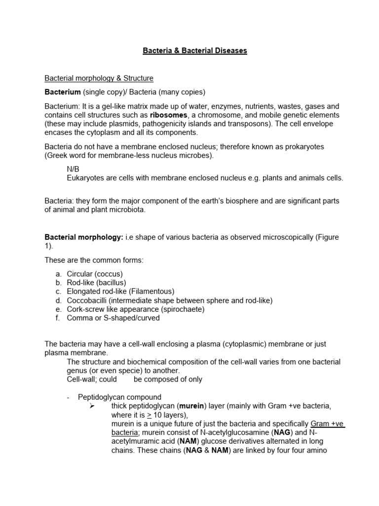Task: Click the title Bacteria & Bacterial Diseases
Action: [194, 50]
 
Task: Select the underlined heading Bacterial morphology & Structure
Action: [99, 78]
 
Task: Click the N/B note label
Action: [73, 169]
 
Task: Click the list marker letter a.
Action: [58, 274]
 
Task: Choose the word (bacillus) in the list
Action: [113, 283]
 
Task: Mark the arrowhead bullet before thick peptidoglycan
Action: [91, 406]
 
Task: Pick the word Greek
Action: [59, 156]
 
